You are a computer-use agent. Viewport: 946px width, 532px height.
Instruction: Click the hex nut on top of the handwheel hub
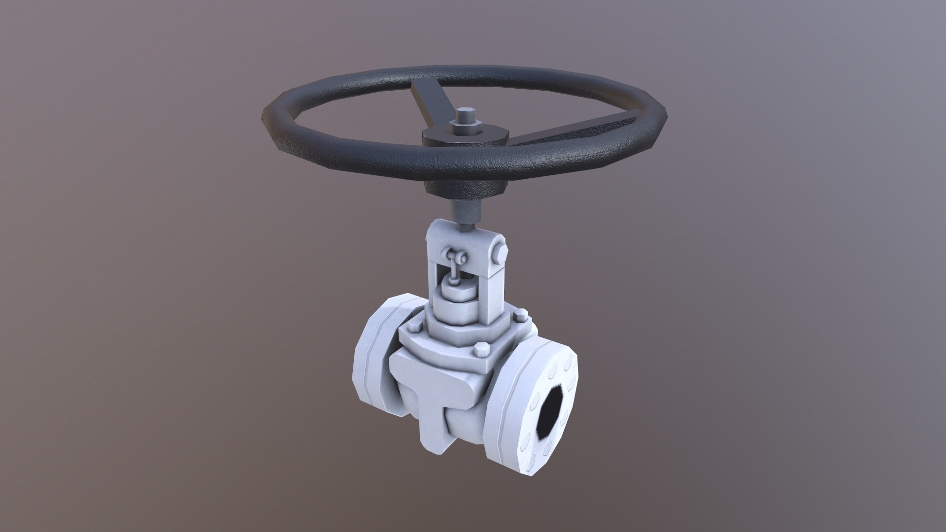tap(464, 129)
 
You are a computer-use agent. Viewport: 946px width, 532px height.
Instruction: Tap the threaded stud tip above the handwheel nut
tap(463, 116)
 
